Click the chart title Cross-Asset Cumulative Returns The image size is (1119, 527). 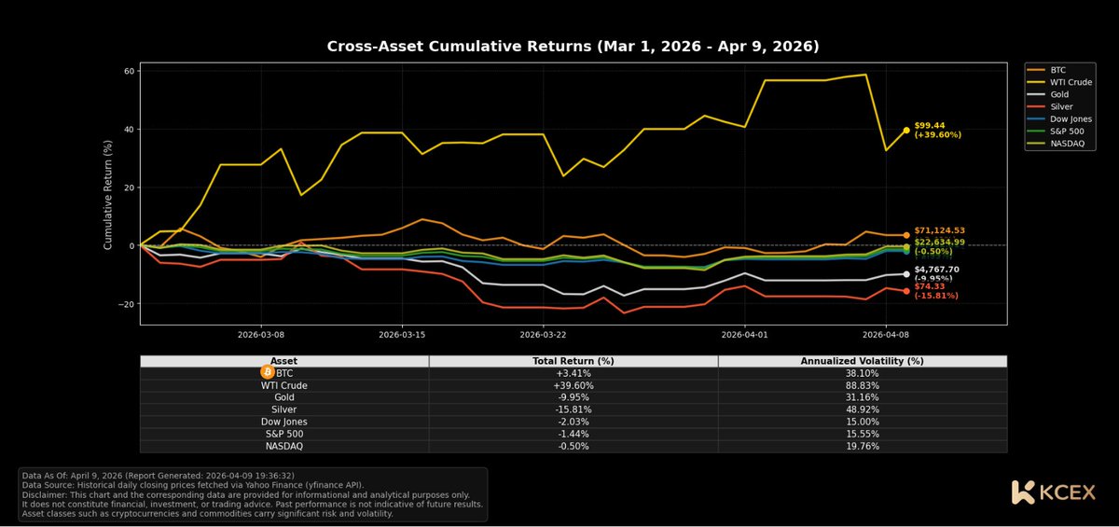[x=573, y=46]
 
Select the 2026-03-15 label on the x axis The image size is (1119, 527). [x=402, y=334]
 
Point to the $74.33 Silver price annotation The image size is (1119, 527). [x=930, y=286]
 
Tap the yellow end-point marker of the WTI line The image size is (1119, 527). [x=905, y=131]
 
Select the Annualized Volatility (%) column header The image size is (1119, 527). [x=862, y=361]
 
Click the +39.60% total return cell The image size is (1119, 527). [x=573, y=384]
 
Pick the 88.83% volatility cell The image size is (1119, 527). [x=862, y=384]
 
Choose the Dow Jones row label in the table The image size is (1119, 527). [x=283, y=422]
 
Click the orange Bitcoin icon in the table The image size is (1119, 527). [x=268, y=372]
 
